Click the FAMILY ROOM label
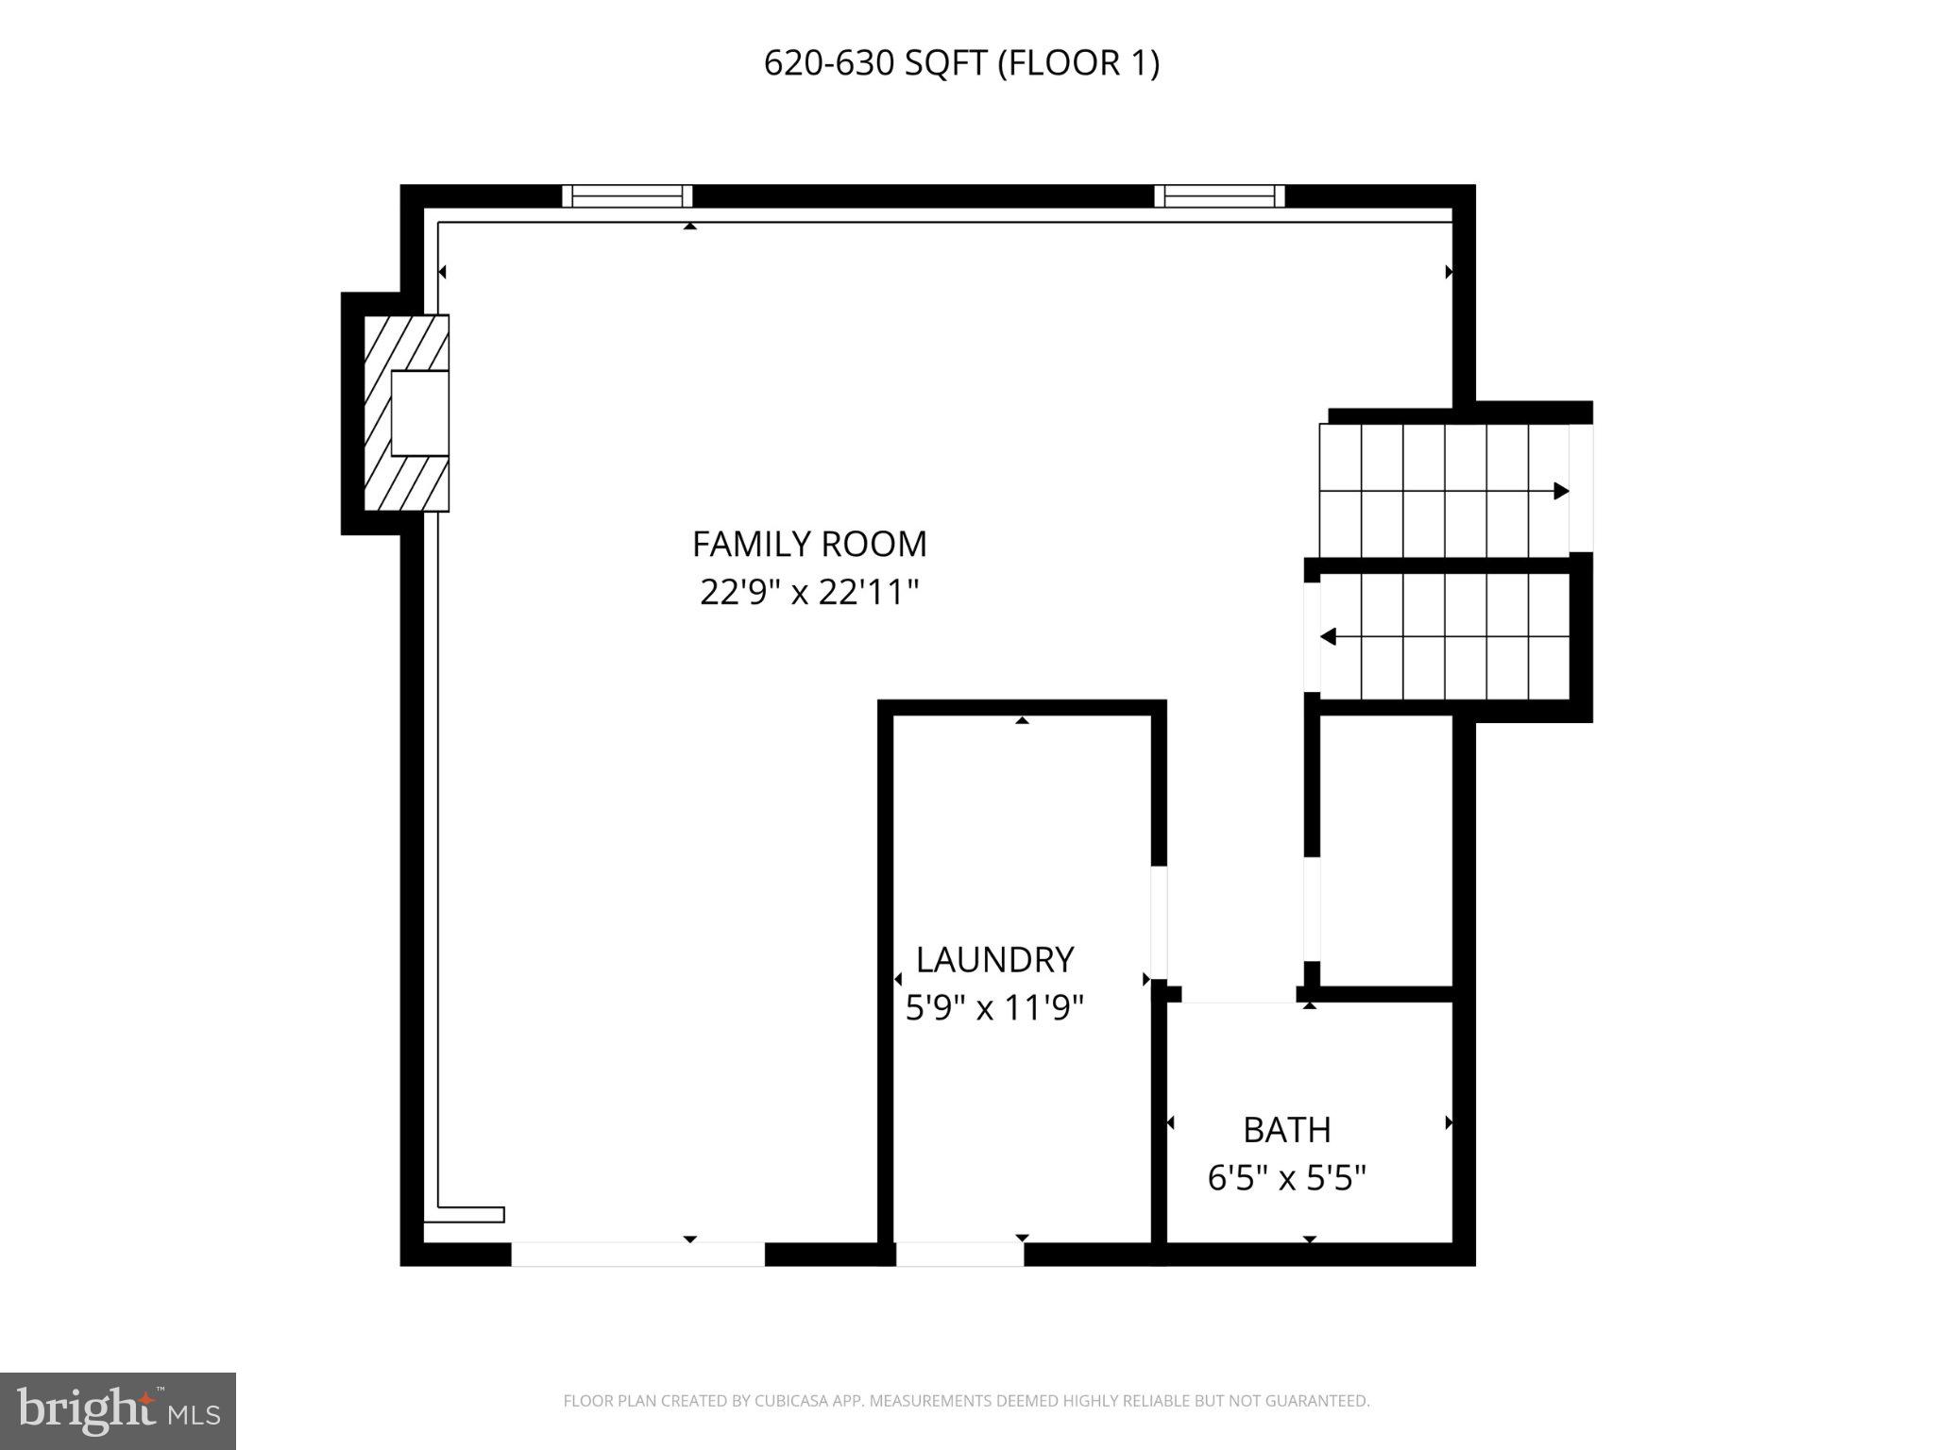click(x=809, y=545)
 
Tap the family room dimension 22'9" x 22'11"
click(x=809, y=593)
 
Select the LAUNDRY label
click(x=994, y=960)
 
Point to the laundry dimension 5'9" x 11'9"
click(x=994, y=1008)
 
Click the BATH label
click(x=1286, y=1130)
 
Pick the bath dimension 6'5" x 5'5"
click(x=1286, y=1178)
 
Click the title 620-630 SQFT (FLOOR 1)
click(x=961, y=63)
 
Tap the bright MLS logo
click(x=118, y=1410)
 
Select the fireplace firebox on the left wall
click(x=419, y=413)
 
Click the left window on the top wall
click(x=627, y=196)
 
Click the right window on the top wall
click(x=1219, y=196)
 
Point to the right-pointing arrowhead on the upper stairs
click(x=1561, y=491)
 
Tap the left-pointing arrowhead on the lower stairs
click(x=1328, y=637)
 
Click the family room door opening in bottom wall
click(x=637, y=1255)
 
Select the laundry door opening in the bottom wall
click(x=959, y=1255)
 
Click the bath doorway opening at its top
click(x=1238, y=995)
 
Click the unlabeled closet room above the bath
click(x=1384, y=850)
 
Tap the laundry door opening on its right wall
click(x=1159, y=922)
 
